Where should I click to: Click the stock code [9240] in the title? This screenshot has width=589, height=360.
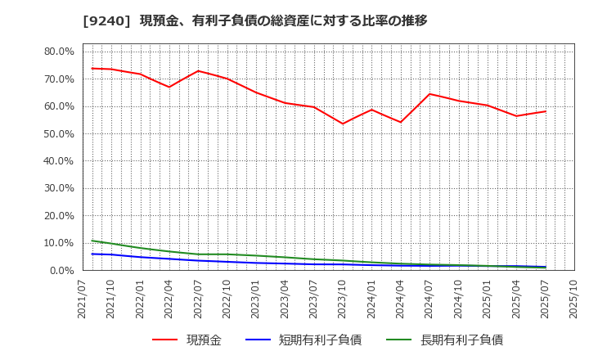pos(108,20)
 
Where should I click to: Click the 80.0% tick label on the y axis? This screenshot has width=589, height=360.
pos(59,52)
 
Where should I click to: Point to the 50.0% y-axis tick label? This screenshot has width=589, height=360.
pos(59,133)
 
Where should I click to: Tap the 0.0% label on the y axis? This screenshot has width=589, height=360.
pos(62,270)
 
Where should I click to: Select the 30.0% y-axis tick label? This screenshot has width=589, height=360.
pos(59,188)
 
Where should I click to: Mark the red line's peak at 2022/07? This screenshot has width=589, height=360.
pos(198,71)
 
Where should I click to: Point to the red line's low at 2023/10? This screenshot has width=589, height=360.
pos(343,124)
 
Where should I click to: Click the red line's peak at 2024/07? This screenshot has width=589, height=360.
pos(429,94)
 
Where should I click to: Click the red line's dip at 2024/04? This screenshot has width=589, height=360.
pos(400,122)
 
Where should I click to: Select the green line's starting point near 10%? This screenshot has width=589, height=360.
pos(92,241)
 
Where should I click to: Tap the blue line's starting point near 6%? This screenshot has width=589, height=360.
pos(92,254)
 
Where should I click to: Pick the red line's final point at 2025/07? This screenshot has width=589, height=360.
pos(546,111)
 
